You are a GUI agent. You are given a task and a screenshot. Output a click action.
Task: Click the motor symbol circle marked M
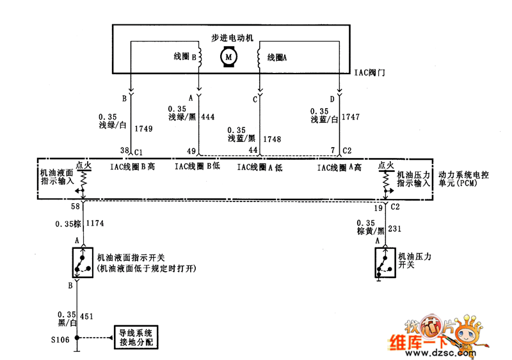pos(228,58)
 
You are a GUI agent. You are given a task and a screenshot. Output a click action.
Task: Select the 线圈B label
pos(184,57)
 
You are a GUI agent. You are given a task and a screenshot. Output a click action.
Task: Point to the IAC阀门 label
pos(370,73)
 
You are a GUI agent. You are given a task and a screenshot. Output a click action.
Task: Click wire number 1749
pos(144,129)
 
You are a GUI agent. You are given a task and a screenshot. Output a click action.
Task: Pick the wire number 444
pos(207,117)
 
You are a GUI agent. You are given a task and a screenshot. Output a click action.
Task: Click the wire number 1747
pos(351,118)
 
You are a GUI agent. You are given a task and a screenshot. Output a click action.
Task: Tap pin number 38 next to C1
pos(125,151)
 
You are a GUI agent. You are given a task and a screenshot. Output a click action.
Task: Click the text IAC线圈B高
pos(132,168)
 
